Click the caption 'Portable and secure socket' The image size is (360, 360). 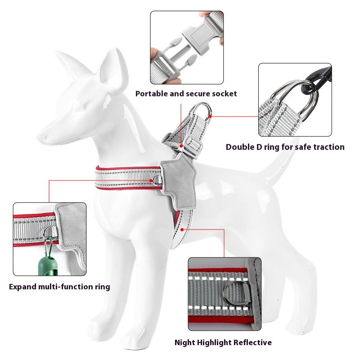point(186,94)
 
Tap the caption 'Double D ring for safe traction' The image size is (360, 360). point(285,147)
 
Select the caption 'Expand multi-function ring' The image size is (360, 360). point(59,287)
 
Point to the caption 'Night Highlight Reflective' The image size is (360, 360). point(223,342)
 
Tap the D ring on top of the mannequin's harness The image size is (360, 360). point(202,110)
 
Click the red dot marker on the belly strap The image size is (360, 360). point(182,229)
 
